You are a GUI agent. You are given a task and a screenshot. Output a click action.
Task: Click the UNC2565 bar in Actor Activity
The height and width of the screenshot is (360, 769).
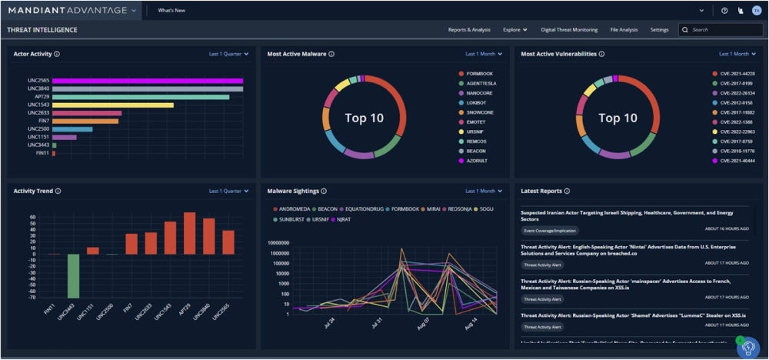click(146, 80)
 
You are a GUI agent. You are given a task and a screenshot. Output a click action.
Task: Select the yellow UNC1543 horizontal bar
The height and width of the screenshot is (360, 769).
click(112, 105)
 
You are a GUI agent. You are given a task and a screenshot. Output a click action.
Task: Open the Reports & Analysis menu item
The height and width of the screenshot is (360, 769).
click(469, 30)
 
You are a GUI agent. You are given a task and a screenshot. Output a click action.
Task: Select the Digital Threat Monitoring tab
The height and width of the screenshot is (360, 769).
click(569, 30)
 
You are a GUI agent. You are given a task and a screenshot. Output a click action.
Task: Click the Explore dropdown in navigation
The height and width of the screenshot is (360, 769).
click(514, 30)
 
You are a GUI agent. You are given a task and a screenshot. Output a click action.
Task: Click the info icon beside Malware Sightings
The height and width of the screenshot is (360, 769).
click(324, 191)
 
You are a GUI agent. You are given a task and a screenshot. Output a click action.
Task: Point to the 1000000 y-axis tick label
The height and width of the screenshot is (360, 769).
click(277, 252)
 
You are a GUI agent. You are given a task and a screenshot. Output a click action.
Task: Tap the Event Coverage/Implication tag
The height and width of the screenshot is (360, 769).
click(550, 230)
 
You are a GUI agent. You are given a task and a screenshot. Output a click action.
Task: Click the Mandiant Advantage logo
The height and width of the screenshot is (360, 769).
click(69, 11)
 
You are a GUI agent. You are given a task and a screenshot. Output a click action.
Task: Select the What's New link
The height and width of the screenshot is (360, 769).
click(171, 11)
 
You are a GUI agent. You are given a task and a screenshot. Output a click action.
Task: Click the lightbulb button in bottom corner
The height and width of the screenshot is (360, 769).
click(747, 348)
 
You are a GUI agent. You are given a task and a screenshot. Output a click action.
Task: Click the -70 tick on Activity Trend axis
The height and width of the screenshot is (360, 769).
click(32, 295)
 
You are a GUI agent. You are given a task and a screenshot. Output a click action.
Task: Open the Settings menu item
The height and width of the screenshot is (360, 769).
click(659, 30)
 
